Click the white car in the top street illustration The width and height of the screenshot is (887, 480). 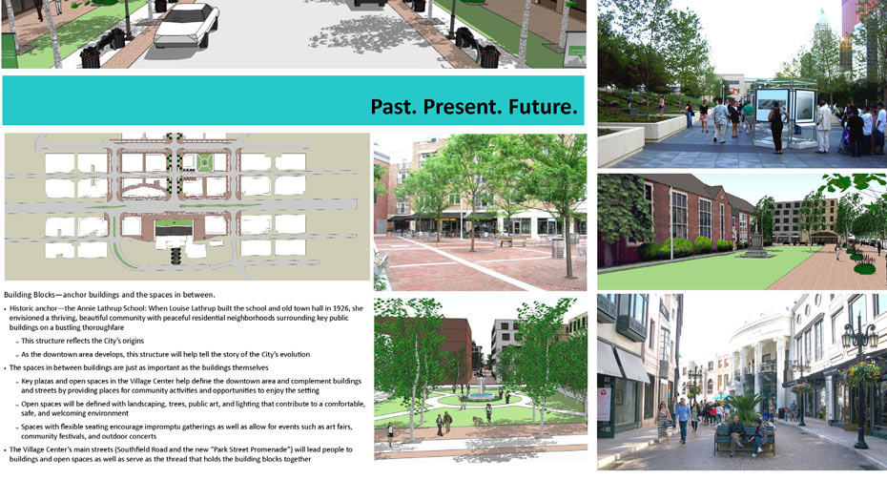point(187,25)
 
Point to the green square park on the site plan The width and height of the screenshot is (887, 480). point(204,163)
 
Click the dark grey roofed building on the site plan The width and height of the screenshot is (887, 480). point(174,231)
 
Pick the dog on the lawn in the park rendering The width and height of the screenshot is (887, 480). point(478,420)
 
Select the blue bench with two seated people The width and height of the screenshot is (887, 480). point(744,440)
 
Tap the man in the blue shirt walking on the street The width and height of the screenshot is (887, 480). point(683,420)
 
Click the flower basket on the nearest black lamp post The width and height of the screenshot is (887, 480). point(862,374)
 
